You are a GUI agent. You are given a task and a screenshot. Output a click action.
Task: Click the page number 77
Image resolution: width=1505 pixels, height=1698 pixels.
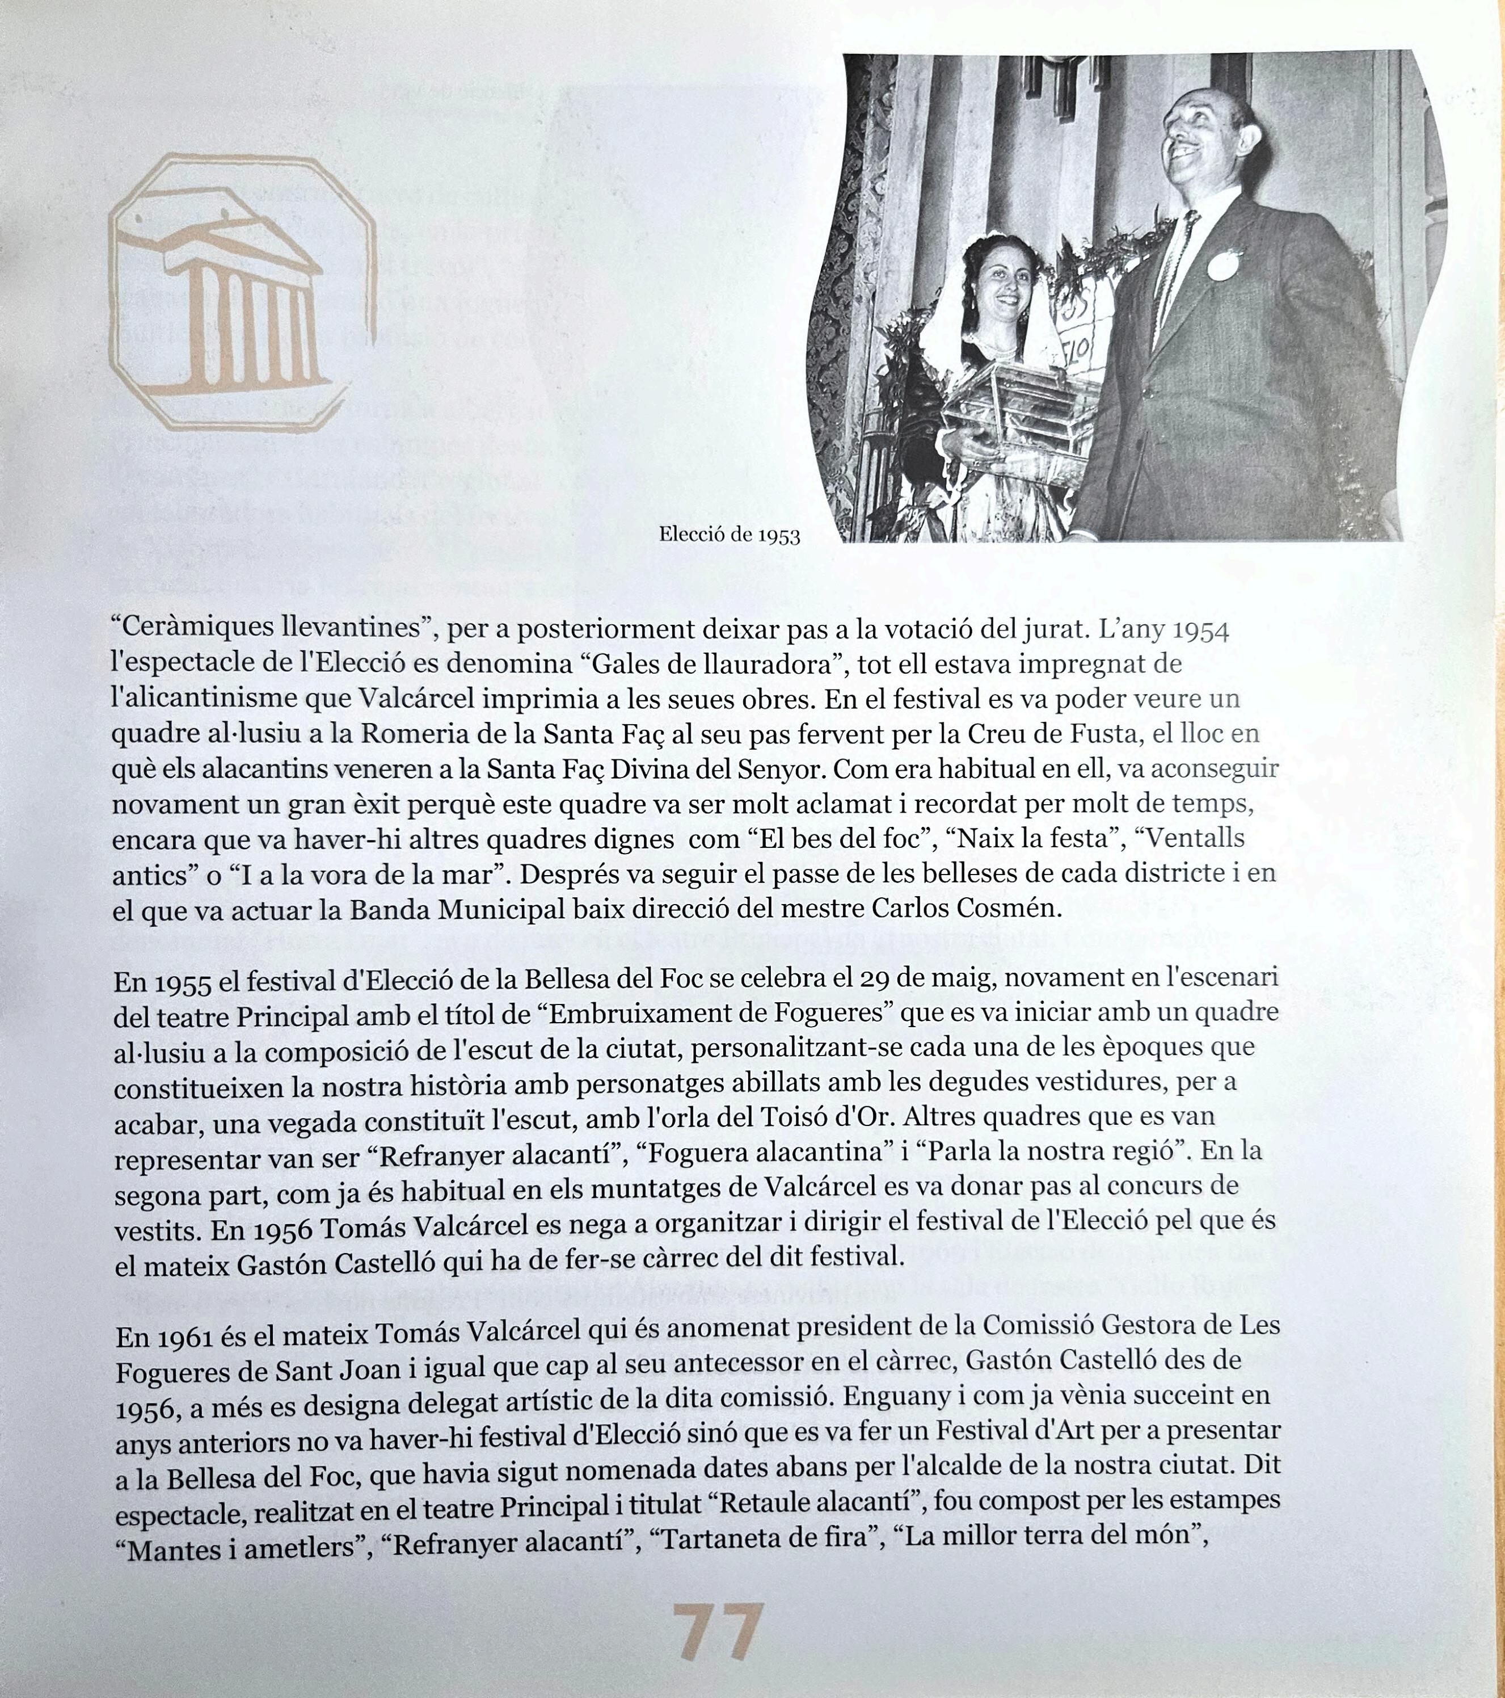718,1632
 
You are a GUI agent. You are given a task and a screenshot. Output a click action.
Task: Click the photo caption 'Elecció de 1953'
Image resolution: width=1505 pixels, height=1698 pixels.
730,535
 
